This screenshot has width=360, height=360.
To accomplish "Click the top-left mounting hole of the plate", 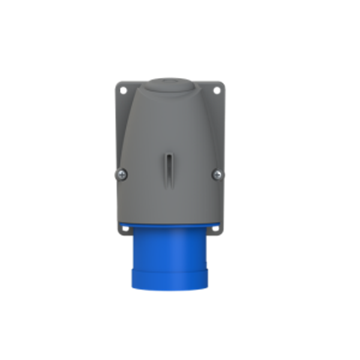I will click(122, 91).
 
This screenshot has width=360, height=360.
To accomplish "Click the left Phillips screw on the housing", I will click(122, 174).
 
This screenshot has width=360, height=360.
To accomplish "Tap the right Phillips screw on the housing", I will click(215, 174).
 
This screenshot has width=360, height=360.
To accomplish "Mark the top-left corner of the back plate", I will click(116, 83).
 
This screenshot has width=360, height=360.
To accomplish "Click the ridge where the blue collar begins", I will click(169, 264).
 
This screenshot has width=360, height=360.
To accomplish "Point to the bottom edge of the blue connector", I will click(169, 290).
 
